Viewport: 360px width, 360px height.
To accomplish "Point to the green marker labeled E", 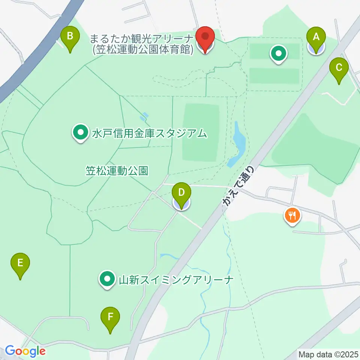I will click(x=20, y=264).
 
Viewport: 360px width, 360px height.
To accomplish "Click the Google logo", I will click(x=25, y=351).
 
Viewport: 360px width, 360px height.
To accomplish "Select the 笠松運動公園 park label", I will click(x=117, y=171).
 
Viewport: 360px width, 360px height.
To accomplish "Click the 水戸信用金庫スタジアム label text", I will click(x=149, y=133).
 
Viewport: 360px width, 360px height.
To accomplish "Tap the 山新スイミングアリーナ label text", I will click(x=176, y=279).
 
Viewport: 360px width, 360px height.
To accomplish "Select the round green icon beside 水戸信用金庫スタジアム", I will click(x=80, y=132).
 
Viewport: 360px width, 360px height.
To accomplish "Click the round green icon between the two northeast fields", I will click(x=279, y=54).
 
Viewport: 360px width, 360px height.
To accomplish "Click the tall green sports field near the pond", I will click(x=201, y=132).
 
